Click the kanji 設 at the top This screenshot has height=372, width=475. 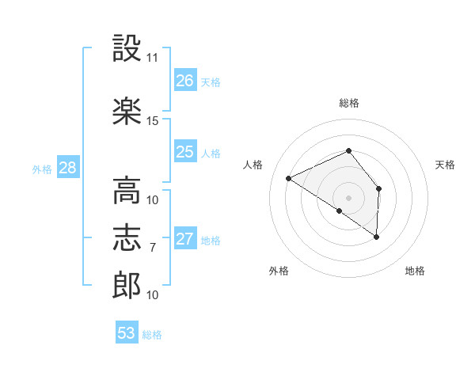point(127,47)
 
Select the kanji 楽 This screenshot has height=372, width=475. point(127,111)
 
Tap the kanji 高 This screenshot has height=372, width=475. point(127,191)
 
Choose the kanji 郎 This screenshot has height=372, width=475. point(127,285)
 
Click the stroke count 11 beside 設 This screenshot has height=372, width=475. point(152,58)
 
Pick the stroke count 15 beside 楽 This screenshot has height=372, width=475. point(152,121)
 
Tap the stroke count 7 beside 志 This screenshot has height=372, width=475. point(153,248)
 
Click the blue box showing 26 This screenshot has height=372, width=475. point(185,80)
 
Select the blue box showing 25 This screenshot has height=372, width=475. point(185,151)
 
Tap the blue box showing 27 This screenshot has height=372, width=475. point(185,237)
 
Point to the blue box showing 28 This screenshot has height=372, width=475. point(68,167)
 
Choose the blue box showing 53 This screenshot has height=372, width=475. point(127,332)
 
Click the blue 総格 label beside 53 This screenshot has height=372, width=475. point(152,335)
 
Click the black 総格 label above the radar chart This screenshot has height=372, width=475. point(349,103)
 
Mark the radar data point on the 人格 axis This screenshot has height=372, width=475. point(288,178)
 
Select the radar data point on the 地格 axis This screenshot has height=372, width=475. point(376,237)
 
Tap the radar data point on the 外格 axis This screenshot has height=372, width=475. point(340,211)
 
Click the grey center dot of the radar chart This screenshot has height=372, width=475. point(348,198)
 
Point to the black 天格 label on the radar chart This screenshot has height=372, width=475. point(445,165)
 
